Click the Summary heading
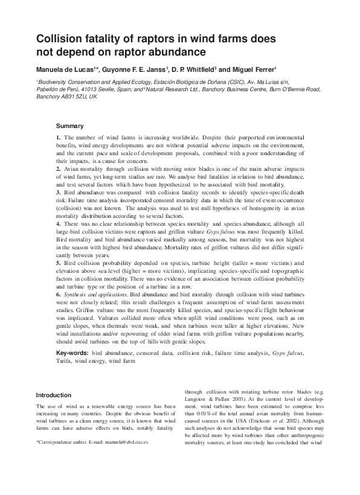pos(69,126)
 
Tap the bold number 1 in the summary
pos(58,138)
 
